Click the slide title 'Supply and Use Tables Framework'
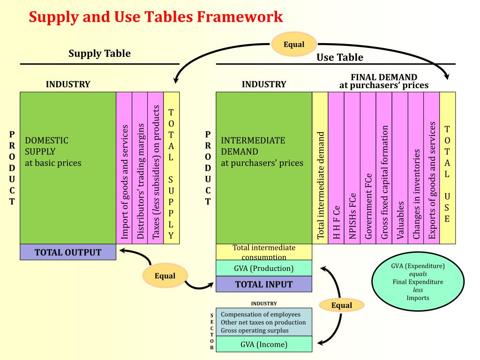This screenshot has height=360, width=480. [156, 17]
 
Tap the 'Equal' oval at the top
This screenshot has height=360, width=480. [294, 45]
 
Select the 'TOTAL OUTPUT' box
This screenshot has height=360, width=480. [68, 252]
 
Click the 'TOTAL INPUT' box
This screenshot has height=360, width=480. [263, 284]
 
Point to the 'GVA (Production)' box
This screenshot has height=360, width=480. [263, 269]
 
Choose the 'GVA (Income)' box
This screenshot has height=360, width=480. [263, 345]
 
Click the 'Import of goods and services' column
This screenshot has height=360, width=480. [124, 168]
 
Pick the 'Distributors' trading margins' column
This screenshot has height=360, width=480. [140, 168]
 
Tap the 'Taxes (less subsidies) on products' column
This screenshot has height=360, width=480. [156, 168]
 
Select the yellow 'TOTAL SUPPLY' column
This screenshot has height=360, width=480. [171, 168]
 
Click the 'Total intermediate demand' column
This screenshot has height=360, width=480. [321, 168]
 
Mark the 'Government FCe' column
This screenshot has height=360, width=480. [368, 168]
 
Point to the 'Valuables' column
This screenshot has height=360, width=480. [400, 168]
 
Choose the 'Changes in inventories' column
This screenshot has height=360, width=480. [416, 168]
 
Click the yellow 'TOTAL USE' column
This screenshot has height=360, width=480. [447, 168]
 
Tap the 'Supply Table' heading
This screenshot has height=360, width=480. [99, 53]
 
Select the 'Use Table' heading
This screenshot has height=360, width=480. [340, 57]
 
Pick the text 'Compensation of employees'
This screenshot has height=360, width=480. [261, 314]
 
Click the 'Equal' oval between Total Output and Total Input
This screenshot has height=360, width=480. [165, 276]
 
